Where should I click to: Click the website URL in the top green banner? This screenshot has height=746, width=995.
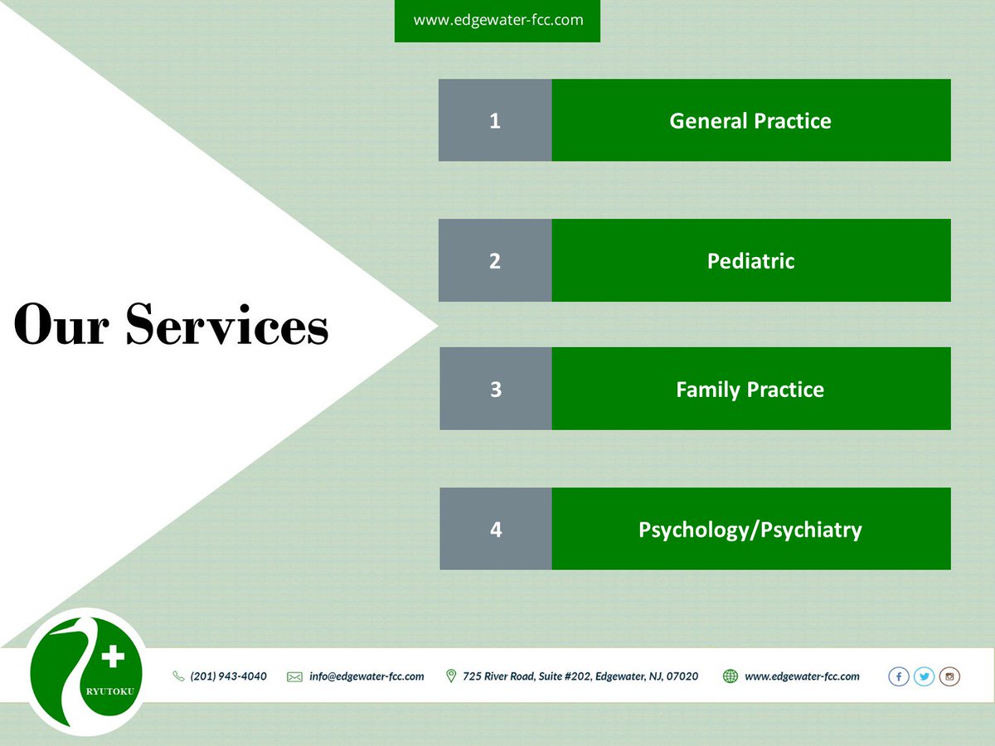498,20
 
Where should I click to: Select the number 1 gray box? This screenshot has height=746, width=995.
495,120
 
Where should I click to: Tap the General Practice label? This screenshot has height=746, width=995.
750,120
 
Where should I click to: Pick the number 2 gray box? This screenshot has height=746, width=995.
495,260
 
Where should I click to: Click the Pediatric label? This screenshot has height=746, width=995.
750,260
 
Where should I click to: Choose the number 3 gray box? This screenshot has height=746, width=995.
495,389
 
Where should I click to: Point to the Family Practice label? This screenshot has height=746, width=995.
750,389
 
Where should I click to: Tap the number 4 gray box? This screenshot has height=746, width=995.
495,529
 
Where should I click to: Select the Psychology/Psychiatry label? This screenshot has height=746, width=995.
750,529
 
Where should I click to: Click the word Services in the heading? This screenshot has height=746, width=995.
227,325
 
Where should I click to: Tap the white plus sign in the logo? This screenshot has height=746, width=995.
112,658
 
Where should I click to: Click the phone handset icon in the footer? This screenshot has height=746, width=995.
178,676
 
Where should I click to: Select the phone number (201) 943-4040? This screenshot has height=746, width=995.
229,676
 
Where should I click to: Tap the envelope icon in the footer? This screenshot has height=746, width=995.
294,676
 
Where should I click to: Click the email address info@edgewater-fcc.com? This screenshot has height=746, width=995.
366,676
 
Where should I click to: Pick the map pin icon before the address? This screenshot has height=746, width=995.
451,676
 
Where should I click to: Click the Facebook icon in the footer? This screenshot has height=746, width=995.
899,676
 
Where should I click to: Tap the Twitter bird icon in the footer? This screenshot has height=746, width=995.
924,676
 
